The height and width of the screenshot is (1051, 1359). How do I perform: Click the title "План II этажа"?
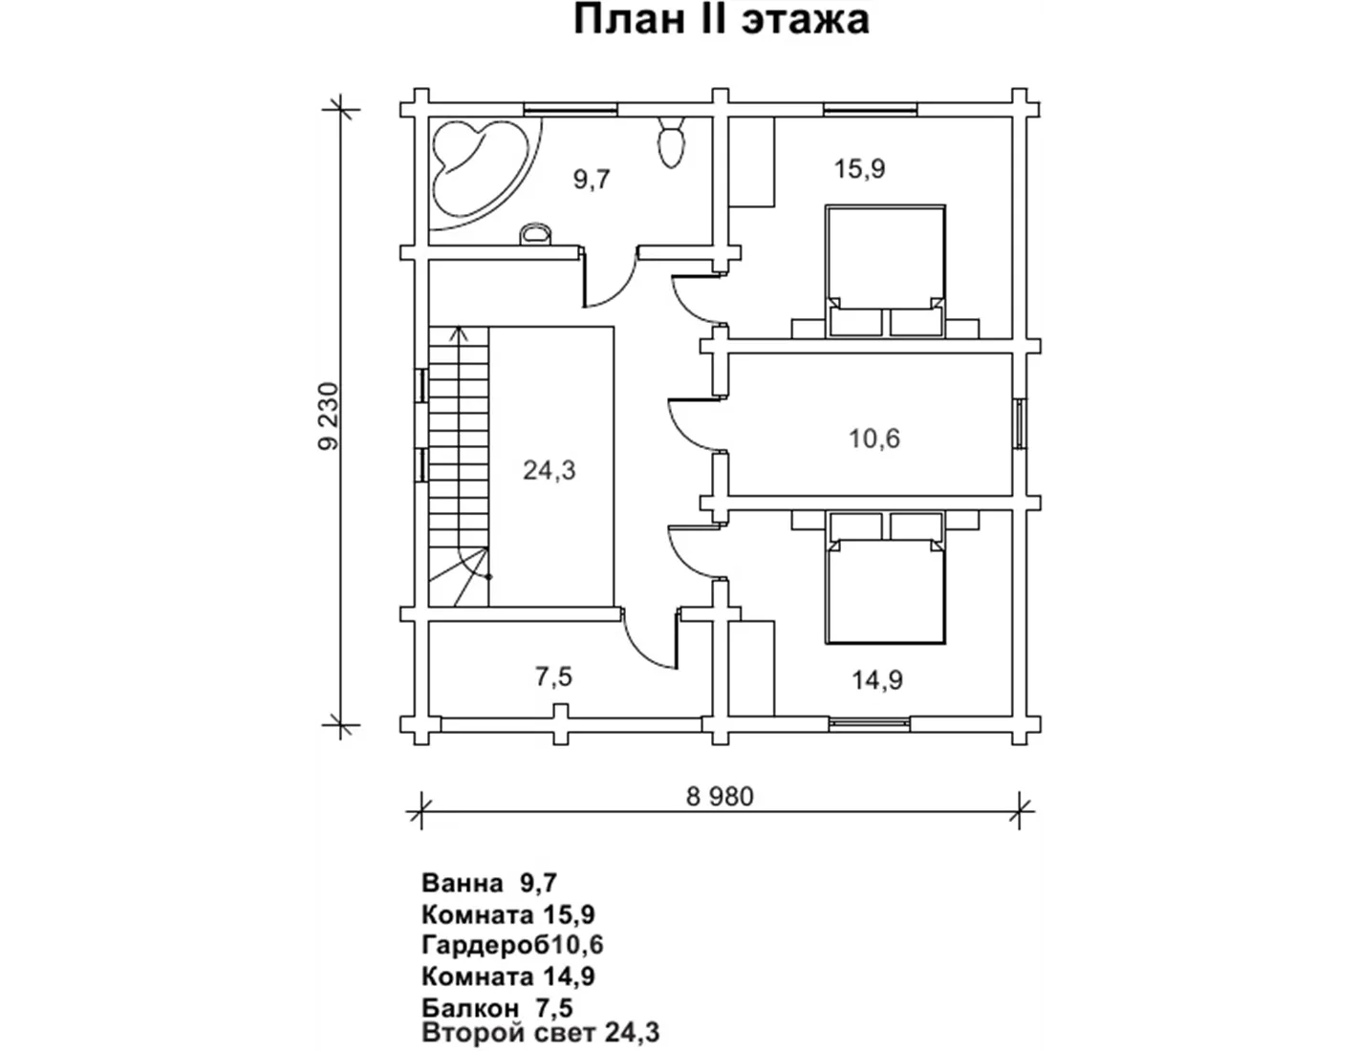coord(722,20)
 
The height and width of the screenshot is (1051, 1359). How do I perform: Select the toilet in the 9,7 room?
coord(671,142)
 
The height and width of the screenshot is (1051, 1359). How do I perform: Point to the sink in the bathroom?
coord(535,234)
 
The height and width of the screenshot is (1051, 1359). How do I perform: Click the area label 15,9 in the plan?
coord(860,169)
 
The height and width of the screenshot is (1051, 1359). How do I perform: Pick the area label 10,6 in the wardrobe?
coord(874,439)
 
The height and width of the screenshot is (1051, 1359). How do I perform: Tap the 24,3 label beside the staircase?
coord(549,470)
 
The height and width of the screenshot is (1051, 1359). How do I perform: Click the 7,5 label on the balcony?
coord(553,676)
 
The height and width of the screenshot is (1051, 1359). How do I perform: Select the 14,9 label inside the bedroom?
coord(877,679)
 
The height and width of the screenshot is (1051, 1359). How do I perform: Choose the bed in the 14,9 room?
coord(885,578)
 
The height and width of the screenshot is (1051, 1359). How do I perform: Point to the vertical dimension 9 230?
coord(328,416)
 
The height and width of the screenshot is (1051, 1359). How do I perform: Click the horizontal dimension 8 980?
coord(720,797)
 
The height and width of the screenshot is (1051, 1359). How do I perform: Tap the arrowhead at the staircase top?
coord(459,332)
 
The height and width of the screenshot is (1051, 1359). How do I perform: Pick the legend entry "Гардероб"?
coord(485,944)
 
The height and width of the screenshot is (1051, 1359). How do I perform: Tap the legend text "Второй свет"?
coord(507,1033)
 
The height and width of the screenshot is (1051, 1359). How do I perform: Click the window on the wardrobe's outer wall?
coord(1020,423)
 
